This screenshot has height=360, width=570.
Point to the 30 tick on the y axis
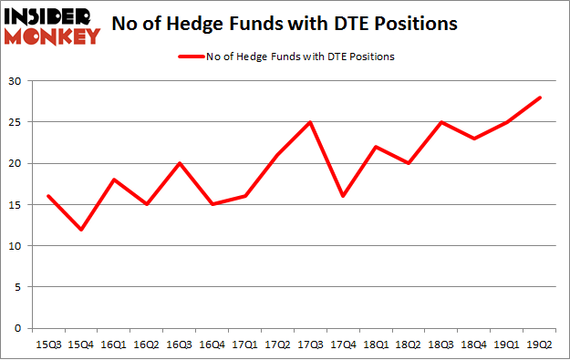(15, 81)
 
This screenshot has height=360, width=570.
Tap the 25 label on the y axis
(15, 122)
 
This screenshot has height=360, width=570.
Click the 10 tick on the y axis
(15, 246)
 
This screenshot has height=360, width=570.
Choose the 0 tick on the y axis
(17, 328)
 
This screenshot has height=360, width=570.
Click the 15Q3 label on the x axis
(48, 345)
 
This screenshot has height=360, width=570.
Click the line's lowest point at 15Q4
(81, 229)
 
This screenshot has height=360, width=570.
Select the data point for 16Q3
(181, 163)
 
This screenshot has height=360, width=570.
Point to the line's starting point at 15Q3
(48, 196)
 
